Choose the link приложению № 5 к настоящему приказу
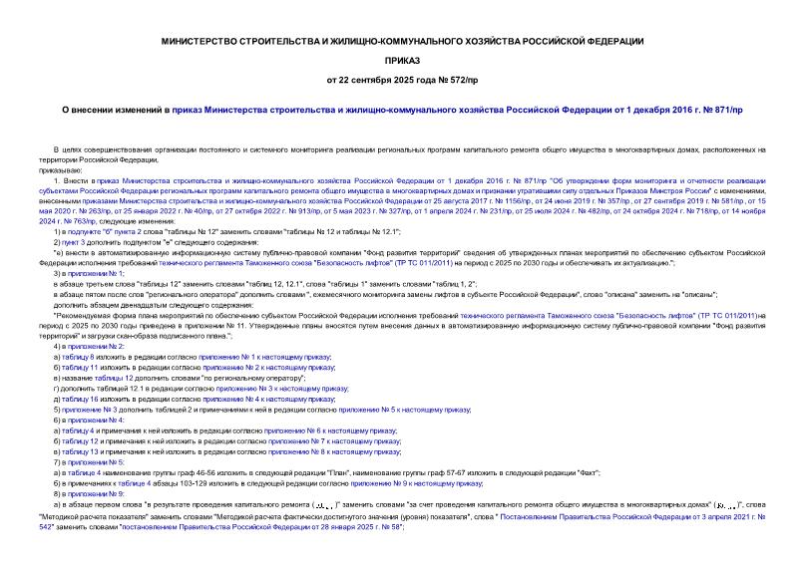coord(404,409)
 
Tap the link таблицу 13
coord(82,451)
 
